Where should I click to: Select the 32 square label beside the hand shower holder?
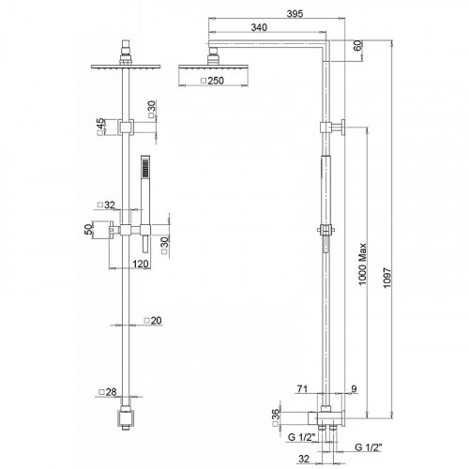[108, 204]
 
